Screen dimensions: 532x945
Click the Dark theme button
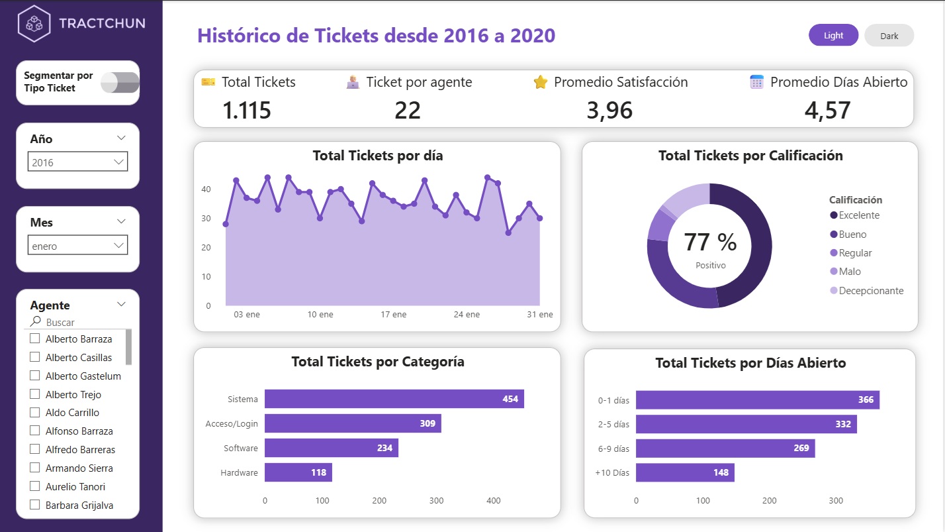889,36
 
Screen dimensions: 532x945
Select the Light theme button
833,36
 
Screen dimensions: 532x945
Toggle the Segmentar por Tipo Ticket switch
120,83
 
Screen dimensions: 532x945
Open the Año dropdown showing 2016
77,162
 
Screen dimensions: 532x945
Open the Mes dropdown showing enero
77,246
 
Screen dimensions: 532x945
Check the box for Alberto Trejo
35,394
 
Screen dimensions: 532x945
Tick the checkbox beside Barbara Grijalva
35,505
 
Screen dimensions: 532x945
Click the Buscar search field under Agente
79,323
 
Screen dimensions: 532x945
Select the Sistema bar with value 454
394,399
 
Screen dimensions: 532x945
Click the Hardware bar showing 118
298,472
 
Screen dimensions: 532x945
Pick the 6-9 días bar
725,448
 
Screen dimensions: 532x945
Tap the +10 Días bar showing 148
685,472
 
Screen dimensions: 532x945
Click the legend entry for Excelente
858,215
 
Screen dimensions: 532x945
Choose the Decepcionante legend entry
870,290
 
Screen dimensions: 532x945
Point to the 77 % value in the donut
709,242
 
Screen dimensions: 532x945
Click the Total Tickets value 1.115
247,110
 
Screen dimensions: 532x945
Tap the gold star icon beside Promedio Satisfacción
541,82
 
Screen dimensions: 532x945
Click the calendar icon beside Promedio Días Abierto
757,82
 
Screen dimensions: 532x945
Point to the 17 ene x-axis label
394,315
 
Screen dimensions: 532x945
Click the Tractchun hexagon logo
34,23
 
